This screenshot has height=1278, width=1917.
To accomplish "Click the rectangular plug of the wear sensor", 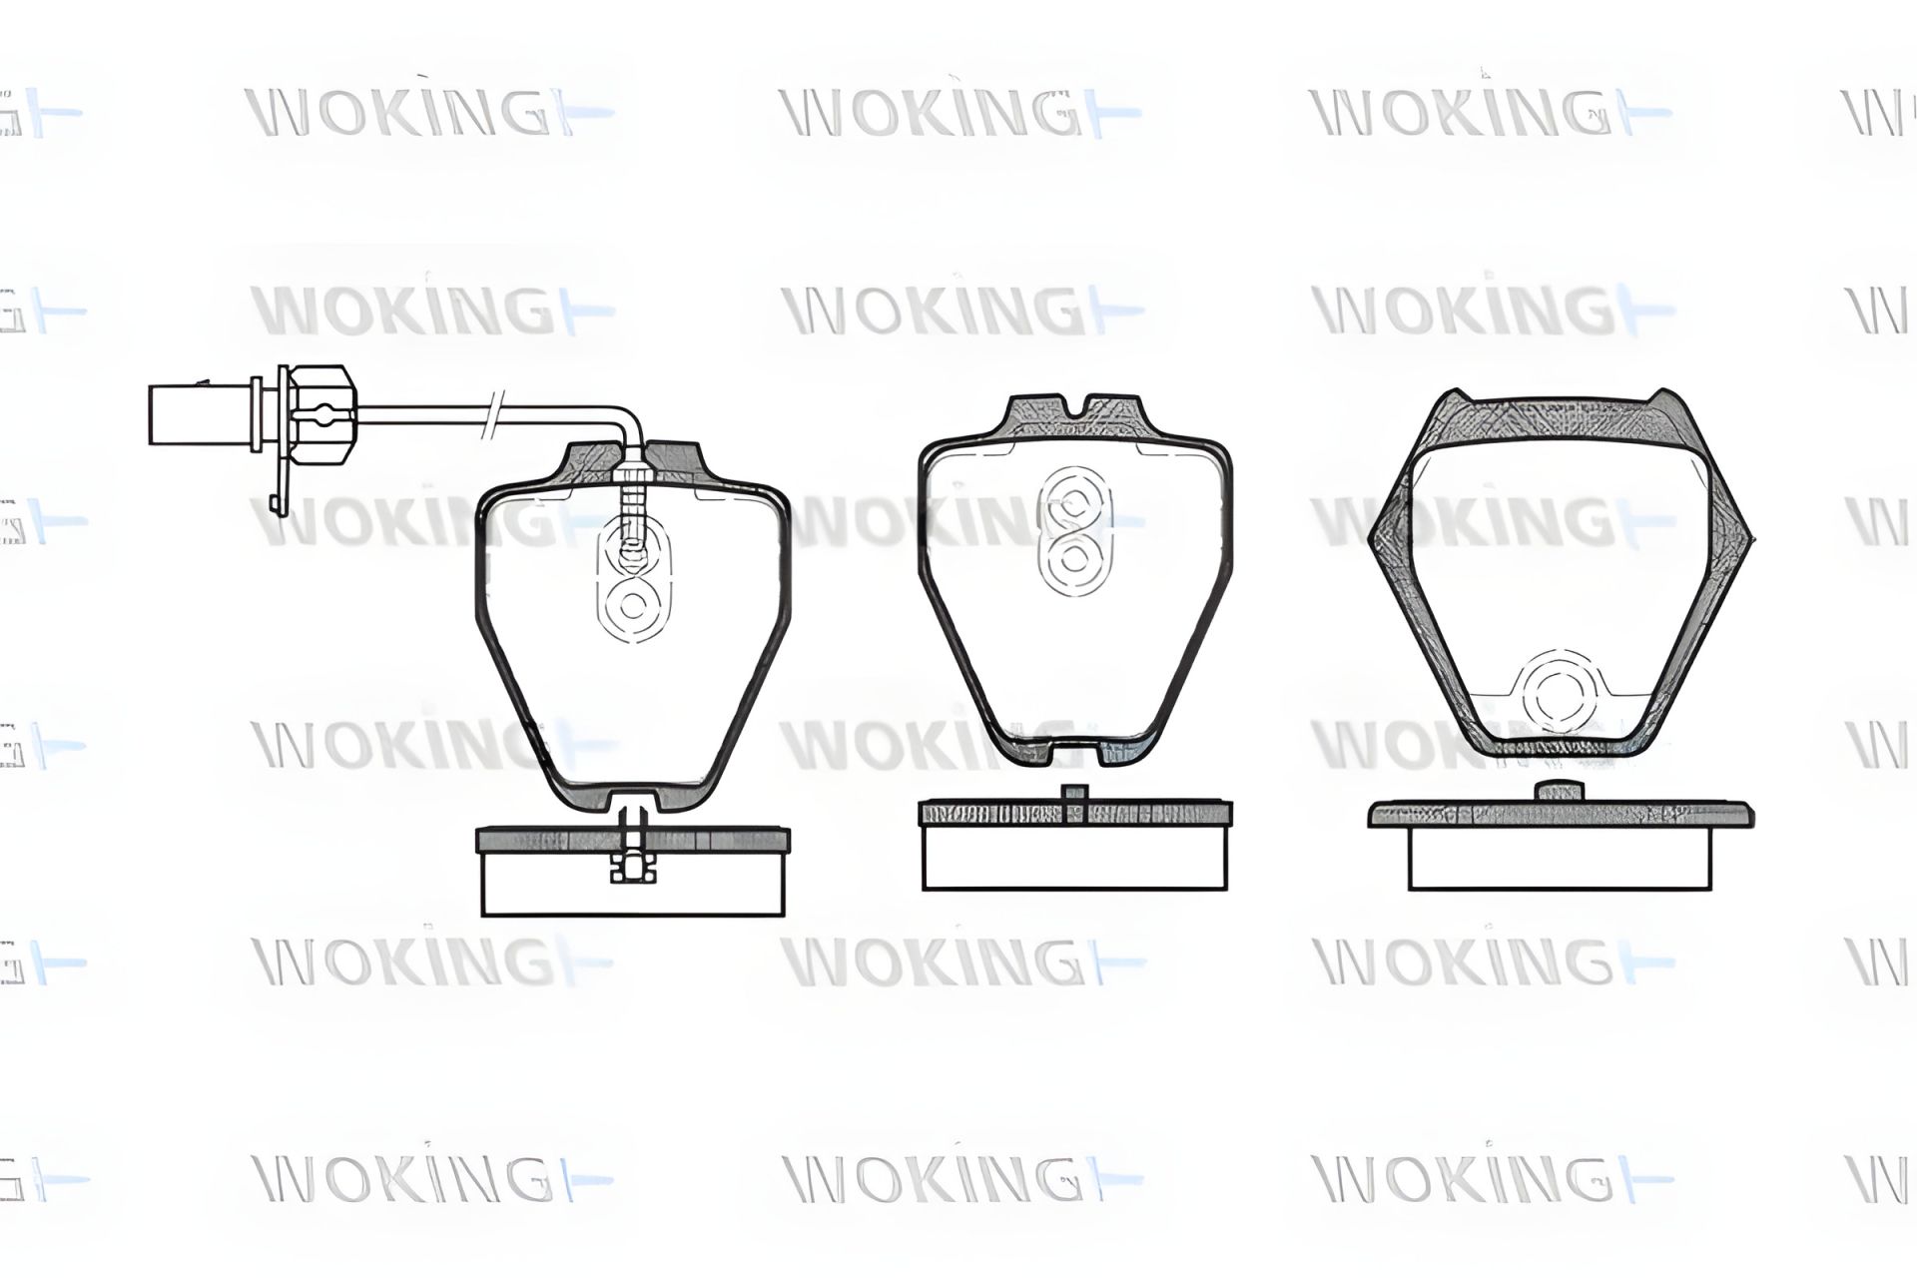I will pos(200,414).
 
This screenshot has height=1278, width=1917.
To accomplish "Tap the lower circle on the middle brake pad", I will pos(1074,556).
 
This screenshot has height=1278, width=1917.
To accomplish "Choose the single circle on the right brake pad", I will pos(1559,692).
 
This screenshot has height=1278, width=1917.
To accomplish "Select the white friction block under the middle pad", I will pos(1074,858).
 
